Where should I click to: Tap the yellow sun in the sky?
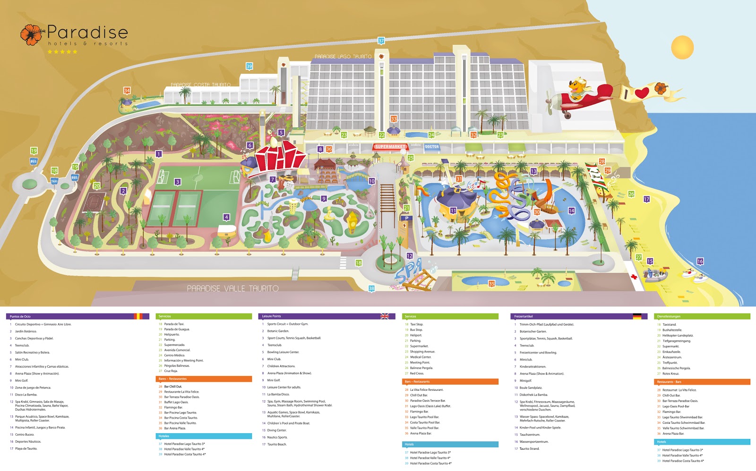pyautogui.click(x=682, y=48)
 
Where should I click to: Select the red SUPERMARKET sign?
pyautogui.click(x=390, y=147)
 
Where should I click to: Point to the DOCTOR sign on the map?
pyautogui.click(x=432, y=147)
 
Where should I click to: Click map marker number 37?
pyautogui.click(x=381, y=41)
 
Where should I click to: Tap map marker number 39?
pyautogui.click(x=249, y=67)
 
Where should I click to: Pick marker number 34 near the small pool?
pyautogui.click(x=127, y=91)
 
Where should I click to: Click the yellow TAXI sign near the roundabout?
pyautogui.click(x=54, y=181)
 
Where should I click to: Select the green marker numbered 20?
pyautogui.click(x=96, y=186)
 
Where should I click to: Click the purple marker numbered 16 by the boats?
pyautogui.click(x=700, y=261)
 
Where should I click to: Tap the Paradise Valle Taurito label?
pyautogui.click(x=232, y=288)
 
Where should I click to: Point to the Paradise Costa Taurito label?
pyautogui.click(x=200, y=85)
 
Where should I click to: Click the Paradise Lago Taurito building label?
pyautogui.click(x=343, y=57)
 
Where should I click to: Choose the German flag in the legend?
pyautogui.click(x=637, y=316)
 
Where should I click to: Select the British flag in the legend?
pyautogui.click(x=385, y=316)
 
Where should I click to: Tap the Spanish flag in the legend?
pyautogui.click(x=138, y=316)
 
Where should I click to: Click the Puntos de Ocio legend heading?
pyautogui.click(x=20, y=316)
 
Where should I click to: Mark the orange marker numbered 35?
pyautogui.click(x=491, y=284)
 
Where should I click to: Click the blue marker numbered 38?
pyautogui.click(x=371, y=288)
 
